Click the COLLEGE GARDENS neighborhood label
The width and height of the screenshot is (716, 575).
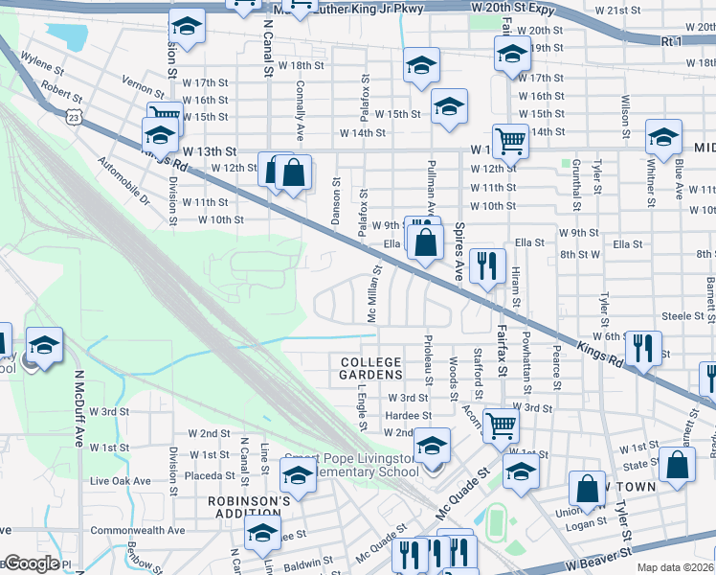pos(370,368)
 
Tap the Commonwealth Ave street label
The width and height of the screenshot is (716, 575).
pos(137,530)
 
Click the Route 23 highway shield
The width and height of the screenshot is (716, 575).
pos(74,115)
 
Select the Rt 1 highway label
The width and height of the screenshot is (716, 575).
pos(672,42)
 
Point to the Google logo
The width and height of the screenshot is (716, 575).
pos(32,563)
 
